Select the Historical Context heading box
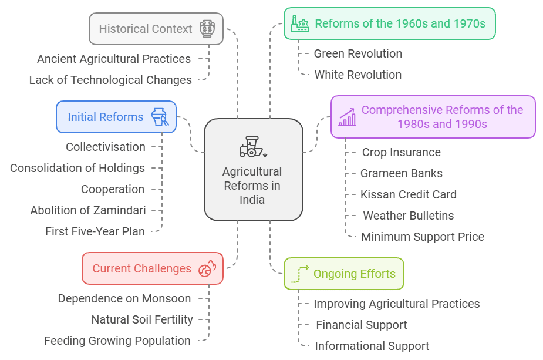(156, 29)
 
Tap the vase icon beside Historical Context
(207, 29)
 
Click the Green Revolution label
(357, 53)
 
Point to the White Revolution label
(357, 75)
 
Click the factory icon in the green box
(300, 23)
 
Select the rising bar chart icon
(347, 117)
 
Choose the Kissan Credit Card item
(408, 194)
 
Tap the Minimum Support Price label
(422, 237)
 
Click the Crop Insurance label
(401, 152)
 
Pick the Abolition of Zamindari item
(88, 210)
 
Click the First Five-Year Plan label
(95, 231)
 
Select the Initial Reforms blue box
(116, 117)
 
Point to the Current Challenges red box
(152, 268)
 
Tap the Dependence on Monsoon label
(124, 298)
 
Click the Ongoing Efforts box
(343, 274)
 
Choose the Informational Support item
(372, 346)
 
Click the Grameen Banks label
(401, 173)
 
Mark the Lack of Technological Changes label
(110, 80)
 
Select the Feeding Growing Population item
(117, 341)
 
